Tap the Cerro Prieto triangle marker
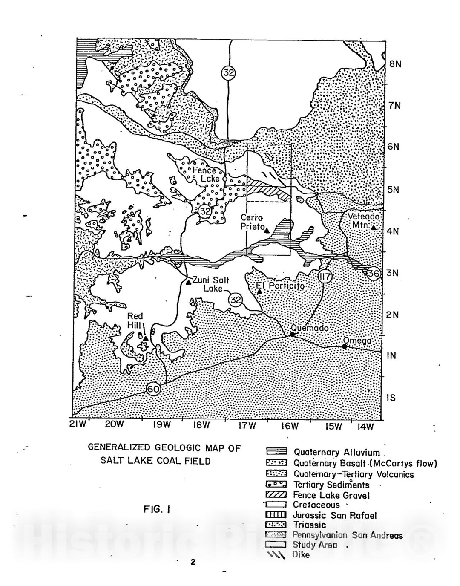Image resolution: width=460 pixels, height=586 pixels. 267,231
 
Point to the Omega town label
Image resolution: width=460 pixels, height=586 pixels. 357,341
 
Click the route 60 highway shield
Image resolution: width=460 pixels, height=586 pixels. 153,389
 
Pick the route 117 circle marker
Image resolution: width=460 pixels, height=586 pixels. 325,277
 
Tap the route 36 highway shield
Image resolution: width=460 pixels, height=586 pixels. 373,273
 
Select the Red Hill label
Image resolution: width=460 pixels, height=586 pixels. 135,320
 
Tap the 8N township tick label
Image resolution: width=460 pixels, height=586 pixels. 395,64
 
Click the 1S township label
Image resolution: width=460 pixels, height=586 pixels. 391,398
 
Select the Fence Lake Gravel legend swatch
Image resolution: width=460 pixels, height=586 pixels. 276,495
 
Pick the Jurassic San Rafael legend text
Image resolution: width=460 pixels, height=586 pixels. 335,515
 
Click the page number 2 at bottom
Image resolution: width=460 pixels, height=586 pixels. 193,562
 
